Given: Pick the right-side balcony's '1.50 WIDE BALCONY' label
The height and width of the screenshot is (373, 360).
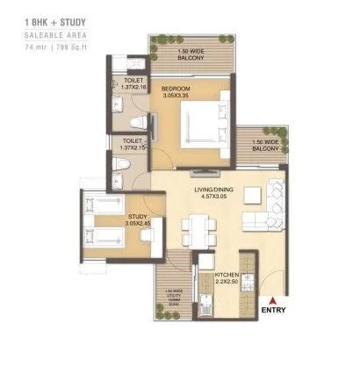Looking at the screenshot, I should pos(266,145).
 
